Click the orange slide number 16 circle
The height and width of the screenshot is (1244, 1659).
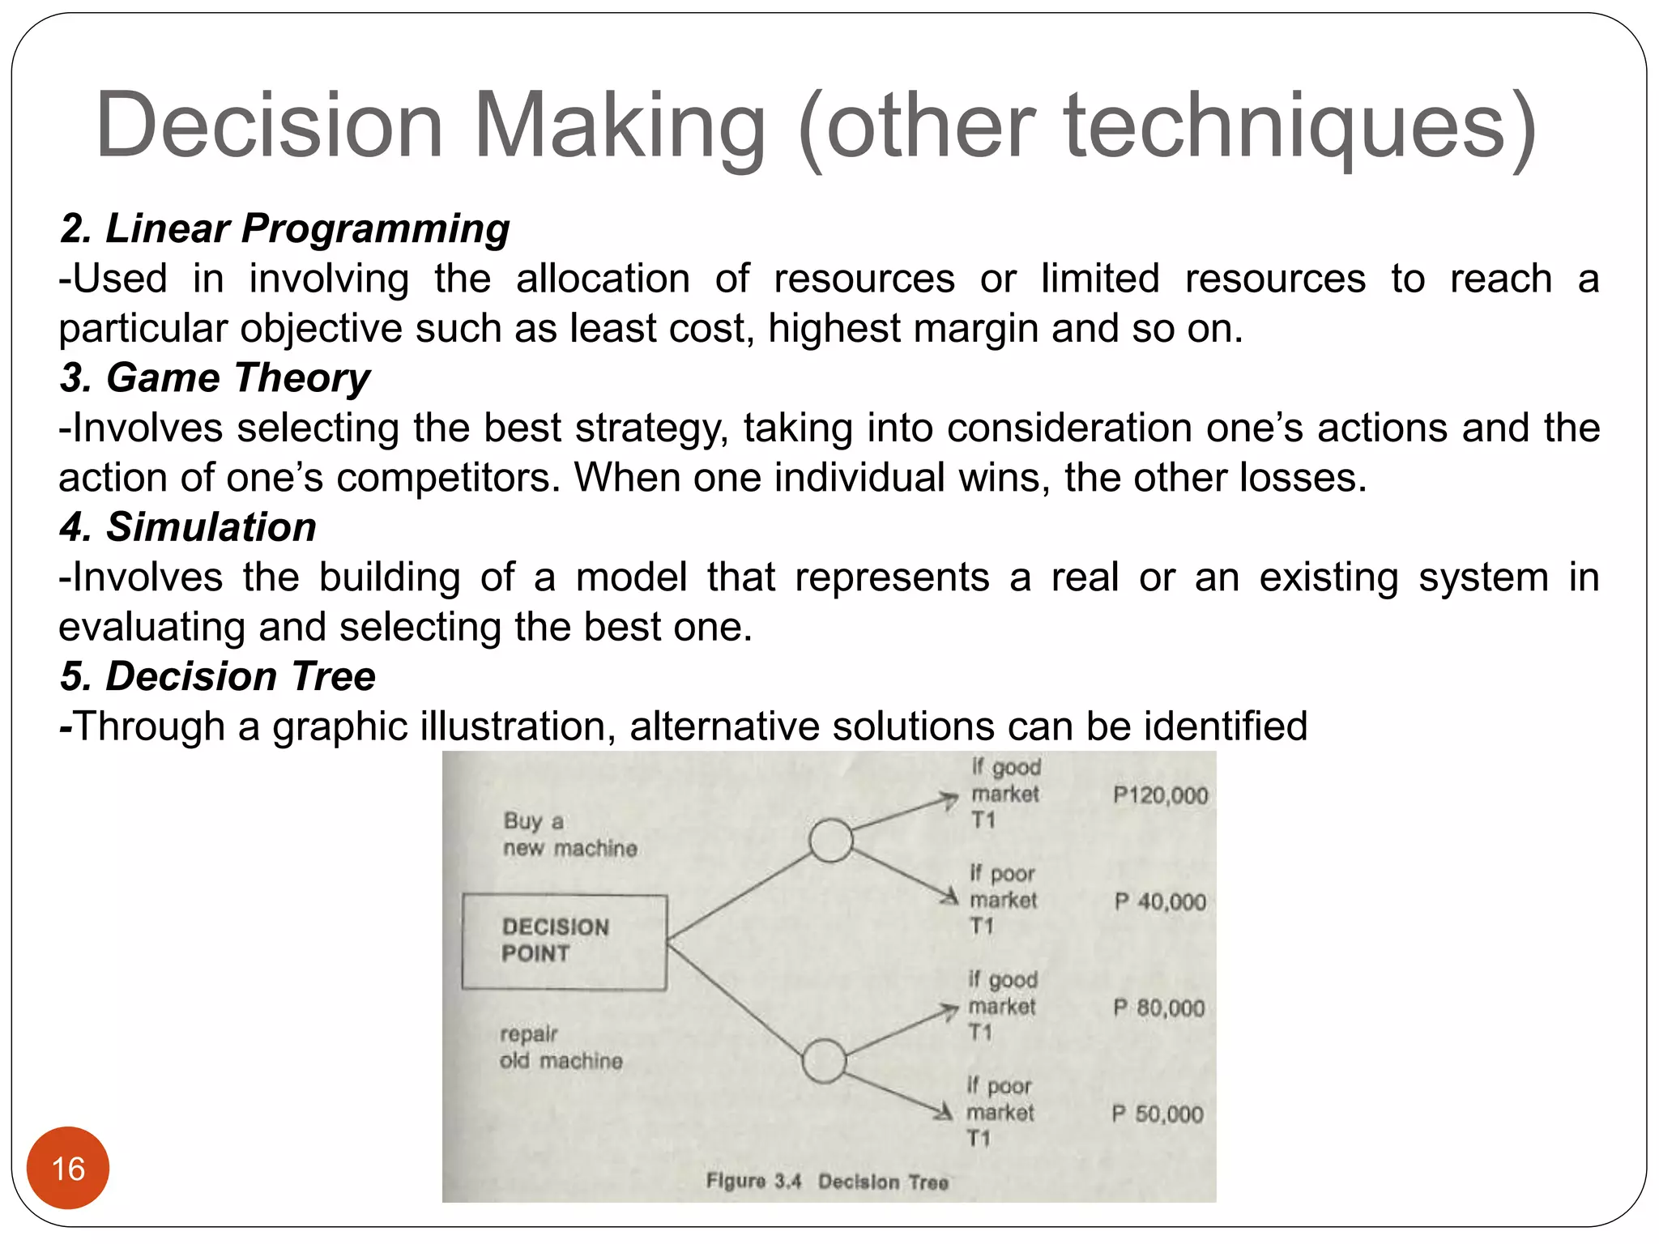click(68, 1168)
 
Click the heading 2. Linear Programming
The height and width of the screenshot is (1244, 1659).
click(284, 229)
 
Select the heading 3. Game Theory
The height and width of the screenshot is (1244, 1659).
click(215, 378)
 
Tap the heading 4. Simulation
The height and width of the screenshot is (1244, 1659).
click(188, 527)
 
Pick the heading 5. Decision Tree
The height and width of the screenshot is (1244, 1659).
click(217, 676)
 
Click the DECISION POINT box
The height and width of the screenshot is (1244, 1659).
click(564, 941)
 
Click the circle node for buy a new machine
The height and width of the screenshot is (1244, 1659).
click(830, 840)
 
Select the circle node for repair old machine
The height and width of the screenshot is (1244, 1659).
click(824, 1061)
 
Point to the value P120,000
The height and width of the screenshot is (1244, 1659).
click(1160, 795)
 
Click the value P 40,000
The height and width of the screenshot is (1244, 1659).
click(1160, 901)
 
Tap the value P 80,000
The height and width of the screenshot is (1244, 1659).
click(1158, 1008)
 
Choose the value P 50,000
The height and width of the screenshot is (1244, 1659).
click(1157, 1114)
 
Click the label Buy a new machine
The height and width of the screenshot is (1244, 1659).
click(569, 835)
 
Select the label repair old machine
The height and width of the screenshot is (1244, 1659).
click(561, 1047)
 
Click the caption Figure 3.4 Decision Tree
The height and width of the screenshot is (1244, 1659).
click(826, 1182)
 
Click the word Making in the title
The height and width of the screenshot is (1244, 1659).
click(619, 127)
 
